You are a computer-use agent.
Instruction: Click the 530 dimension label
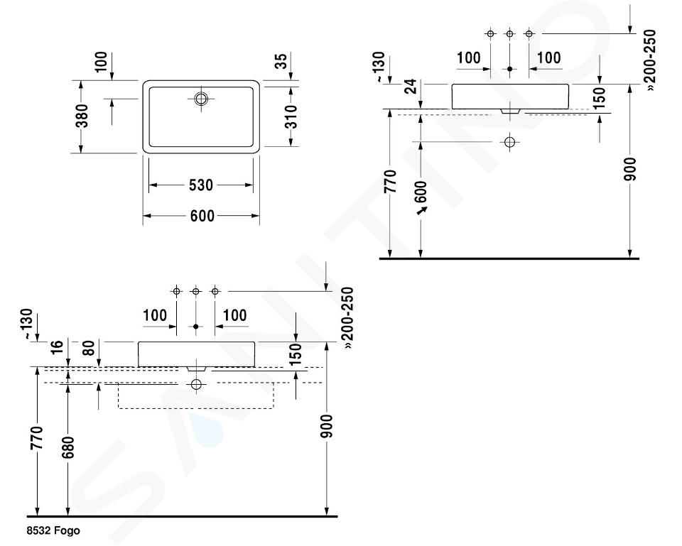tap(201, 185)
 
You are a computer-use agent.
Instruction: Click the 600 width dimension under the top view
tap(202, 216)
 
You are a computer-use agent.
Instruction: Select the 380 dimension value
tap(82, 116)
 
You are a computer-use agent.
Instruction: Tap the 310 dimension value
tap(291, 116)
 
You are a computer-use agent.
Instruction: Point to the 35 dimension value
tap(281, 60)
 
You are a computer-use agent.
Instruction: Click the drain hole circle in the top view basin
tap(201, 99)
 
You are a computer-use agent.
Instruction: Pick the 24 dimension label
tap(410, 86)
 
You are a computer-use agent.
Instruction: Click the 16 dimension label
tap(57, 347)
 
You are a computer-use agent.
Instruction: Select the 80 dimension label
tap(88, 348)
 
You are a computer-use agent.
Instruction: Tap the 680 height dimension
tap(68, 447)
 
